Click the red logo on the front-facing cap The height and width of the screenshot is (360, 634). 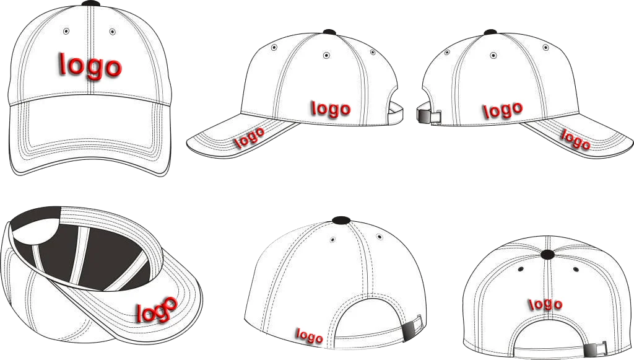pyautogui.click(x=90, y=65)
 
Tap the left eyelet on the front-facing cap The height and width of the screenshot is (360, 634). pyautogui.click(x=66, y=31)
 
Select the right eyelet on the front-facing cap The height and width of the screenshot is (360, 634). pyautogui.click(x=112, y=31)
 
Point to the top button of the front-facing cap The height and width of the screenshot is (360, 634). pyautogui.click(x=90, y=3)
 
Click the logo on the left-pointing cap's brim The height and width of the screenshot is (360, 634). pyautogui.click(x=250, y=138)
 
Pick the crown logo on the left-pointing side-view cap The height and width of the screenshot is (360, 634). pyautogui.click(x=331, y=109)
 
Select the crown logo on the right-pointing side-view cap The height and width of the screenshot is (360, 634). pyautogui.click(x=502, y=110)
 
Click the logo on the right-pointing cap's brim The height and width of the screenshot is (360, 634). pyautogui.click(x=575, y=139)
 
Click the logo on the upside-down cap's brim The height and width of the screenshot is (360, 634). pyautogui.click(x=157, y=309)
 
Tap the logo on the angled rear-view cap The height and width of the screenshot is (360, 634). pyautogui.click(x=310, y=336)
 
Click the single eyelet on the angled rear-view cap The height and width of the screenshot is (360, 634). pyautogui.click(x=333, y=239)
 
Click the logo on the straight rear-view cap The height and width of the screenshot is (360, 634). pyautogui.click(x=545, y=304)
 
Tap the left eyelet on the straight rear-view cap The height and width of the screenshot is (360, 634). pyautogui.click(x=521, y=269)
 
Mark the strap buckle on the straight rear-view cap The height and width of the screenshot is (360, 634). pyautogui.click(x=589, y=350)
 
